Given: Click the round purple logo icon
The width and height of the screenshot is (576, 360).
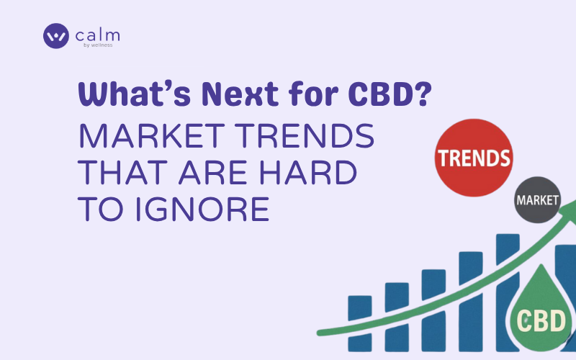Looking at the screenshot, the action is pyautogui.click(x=56, y=36).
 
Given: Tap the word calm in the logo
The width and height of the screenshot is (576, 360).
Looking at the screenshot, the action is pyautogui.click(x=97, y=35).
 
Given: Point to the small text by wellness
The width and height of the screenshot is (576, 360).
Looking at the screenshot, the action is pyautogui.click(x=98, y=45).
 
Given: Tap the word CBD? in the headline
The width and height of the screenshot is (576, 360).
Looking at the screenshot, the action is pyautogui.click(x=390, y=94).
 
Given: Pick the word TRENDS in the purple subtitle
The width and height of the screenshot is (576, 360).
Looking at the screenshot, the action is pyautogui.click(x=305, y=136).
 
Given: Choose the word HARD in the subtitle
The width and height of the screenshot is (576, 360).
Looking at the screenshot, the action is pyautogui.click(x=308, y=172).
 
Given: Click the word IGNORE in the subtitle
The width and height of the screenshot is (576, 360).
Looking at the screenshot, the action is pyautogui.click(x=202, y=209).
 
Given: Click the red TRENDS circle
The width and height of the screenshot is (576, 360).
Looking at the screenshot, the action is pyautogui.click(x=474, y=158).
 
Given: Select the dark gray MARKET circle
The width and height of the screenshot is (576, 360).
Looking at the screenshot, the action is pyautogui.click(x=537, y=200).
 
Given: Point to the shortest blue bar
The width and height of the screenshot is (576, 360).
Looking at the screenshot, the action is pyautogui.click(x=359, y=323).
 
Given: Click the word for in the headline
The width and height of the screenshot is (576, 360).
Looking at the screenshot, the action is pyautogui.click(x=313, y=94).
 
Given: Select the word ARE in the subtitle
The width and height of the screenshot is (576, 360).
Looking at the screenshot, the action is pyautogui.click(x=213, y=172).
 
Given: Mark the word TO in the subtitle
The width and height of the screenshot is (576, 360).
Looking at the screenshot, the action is pyautogui.click(x=100, y=209).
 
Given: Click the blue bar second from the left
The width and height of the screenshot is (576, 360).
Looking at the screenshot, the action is pyautogui.click(x=397, y=317).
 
